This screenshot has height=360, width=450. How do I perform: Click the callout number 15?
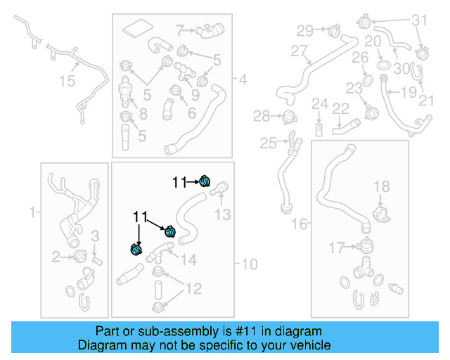67,81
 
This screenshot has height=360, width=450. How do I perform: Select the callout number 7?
180,30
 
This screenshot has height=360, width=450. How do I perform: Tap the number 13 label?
223,214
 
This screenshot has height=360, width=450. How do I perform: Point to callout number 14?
188,260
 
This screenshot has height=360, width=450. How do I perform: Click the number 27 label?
299,51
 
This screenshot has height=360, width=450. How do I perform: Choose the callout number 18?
381,186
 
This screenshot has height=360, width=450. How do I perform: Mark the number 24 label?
320,103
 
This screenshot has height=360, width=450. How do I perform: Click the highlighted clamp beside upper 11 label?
205,181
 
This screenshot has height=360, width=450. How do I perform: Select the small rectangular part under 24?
319,130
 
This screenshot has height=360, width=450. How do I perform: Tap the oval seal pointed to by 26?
368,81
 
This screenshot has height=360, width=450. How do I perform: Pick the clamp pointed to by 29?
334,30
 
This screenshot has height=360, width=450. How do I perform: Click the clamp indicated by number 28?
289,117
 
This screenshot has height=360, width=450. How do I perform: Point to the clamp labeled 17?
364,246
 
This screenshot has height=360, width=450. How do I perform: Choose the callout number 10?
250,264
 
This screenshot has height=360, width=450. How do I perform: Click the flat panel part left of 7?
138,28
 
